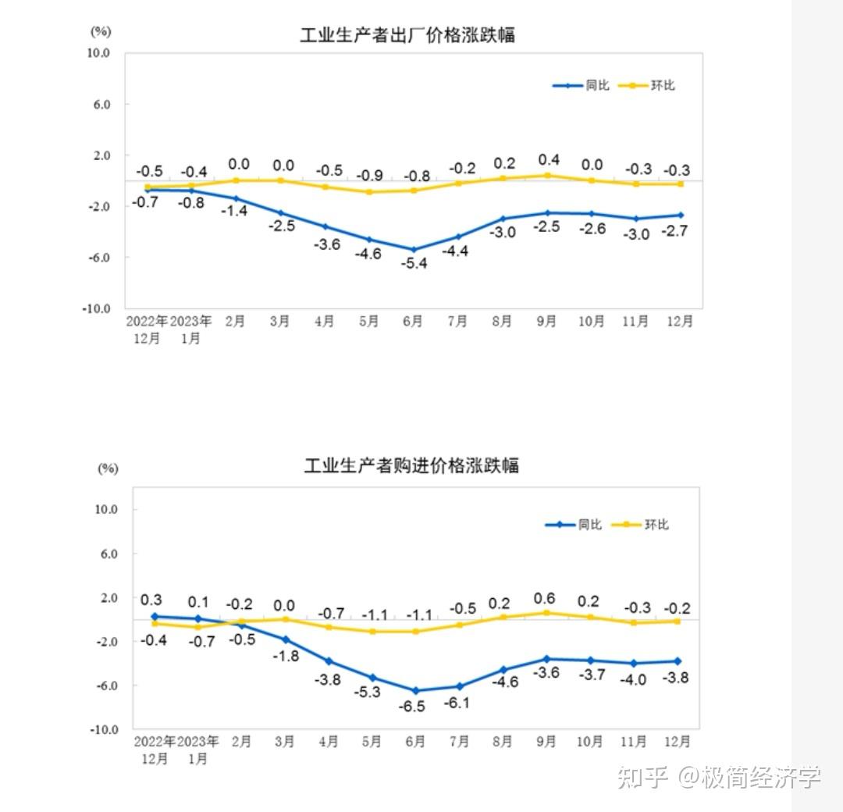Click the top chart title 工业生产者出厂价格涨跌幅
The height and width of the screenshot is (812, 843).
(x=407, y=35)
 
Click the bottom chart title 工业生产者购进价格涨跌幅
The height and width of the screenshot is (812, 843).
(x=411, y=466)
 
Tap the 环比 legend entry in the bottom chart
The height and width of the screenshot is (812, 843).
(x=641, y=525)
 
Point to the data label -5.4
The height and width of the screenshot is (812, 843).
(x=413, y=263)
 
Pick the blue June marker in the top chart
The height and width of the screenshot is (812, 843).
(x=414, y=250)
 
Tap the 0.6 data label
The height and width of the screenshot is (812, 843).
(x=544, y=599)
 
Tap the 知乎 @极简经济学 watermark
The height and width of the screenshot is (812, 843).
(x=718, y=777)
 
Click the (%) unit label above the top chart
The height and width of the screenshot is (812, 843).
(x=101, y=31)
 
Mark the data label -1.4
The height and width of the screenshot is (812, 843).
(x=233, y=211)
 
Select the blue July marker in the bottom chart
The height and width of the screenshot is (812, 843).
(x=459, y=686)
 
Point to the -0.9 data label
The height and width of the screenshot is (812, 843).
(x=369, y=176)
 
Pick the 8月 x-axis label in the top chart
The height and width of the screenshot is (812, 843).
(x=502, y=321)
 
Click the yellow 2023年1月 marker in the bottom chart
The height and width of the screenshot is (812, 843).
(x=198, y=627)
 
